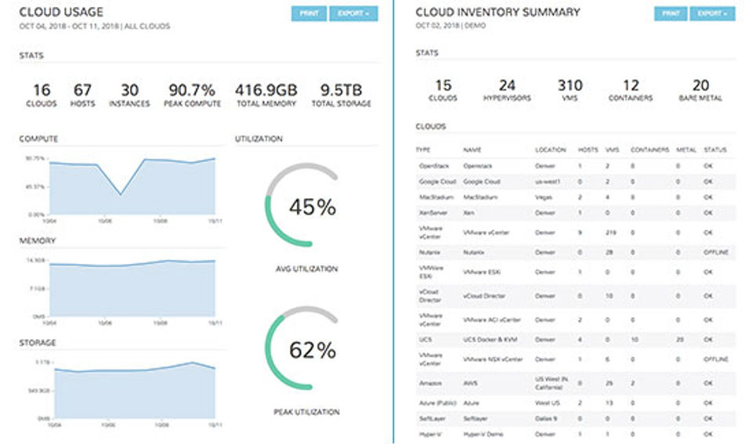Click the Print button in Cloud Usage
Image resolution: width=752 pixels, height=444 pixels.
308,14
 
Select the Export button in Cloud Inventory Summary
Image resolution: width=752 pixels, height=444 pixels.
712,14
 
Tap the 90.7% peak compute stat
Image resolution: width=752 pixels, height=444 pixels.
192,90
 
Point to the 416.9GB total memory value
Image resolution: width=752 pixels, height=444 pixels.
266,90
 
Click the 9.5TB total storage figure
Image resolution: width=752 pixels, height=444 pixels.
342,90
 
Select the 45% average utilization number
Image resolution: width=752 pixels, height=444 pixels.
312,208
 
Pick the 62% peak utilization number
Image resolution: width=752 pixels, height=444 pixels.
312,350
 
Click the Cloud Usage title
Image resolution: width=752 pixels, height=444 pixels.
61,13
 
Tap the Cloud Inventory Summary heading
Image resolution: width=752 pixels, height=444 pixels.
497,13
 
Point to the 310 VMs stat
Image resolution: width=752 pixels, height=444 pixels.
570,85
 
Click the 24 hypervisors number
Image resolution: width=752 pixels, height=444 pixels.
507,85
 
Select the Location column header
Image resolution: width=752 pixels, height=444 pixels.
551,150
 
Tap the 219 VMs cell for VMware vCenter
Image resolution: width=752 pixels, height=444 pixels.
612,233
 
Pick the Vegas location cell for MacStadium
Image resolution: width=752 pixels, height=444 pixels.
544,197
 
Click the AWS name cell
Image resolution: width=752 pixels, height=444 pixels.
470,382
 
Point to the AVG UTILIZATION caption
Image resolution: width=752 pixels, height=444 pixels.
306,269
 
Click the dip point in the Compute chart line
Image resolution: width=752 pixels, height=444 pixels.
120,194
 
